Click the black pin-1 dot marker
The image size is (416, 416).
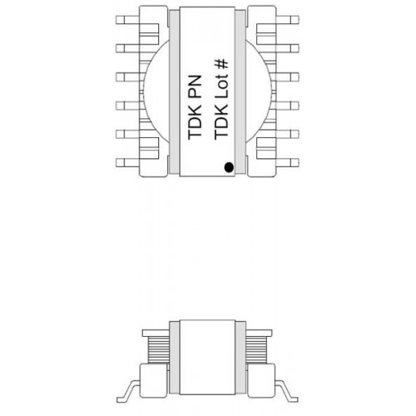coord(229,167)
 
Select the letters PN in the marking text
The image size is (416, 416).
coord(195,87)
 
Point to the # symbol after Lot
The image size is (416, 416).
coord(221,64)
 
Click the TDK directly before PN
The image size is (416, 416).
coord(195,121)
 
